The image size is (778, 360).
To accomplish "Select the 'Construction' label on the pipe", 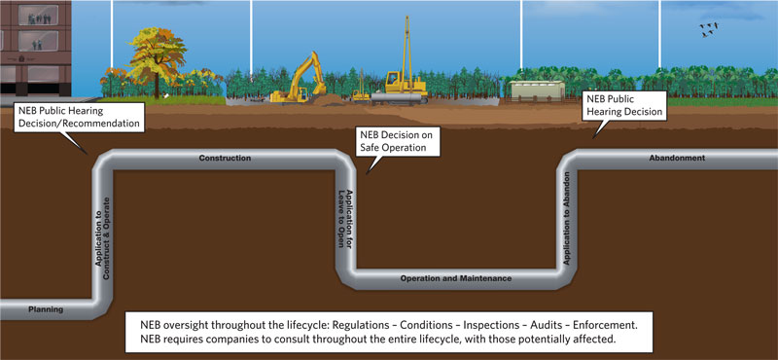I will click(225, 158).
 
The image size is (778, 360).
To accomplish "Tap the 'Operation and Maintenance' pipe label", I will click(455, 278).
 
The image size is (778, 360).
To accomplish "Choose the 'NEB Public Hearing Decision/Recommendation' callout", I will click(78, 118).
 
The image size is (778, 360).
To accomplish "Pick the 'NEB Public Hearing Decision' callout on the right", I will click(622, 105).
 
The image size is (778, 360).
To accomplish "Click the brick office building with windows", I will click(34, 49).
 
